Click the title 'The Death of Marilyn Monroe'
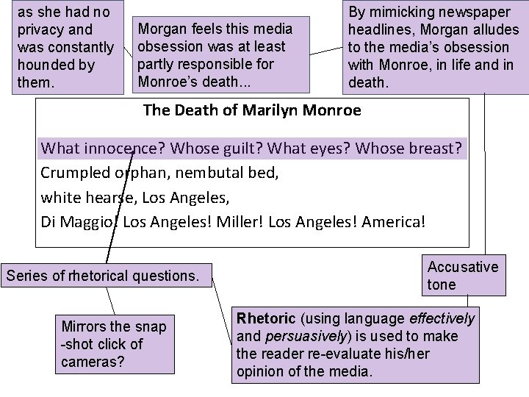pyautogui.click(x=252, y=111)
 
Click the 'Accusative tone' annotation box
pyautogui.click(x=463, y=275)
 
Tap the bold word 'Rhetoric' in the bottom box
pyautogui.click(x=264, y=319)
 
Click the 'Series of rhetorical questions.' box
pyautogui.click(x=102, y=276)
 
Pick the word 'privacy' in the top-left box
pyautogui.click(x=44, y=30)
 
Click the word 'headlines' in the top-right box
pyautogui.click(x=380, y=30)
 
